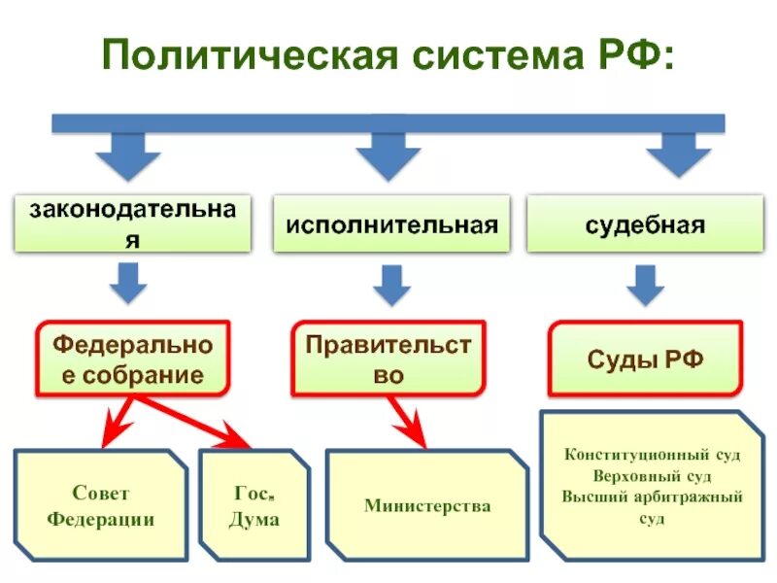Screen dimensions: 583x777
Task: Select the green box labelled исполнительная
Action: (391, 225)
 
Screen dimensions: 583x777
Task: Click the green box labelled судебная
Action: (645, 225)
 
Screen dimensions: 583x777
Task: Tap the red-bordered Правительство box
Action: (388, 360)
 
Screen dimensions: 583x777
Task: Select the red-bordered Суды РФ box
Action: (645, 360)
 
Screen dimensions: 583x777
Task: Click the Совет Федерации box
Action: (100, 505)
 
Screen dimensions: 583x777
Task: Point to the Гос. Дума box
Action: (254, 505)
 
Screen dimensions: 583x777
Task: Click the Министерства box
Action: (427, 505)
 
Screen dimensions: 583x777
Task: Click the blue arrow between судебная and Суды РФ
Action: (644, 285)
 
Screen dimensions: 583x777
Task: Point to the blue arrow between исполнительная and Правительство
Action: (390, 285)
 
